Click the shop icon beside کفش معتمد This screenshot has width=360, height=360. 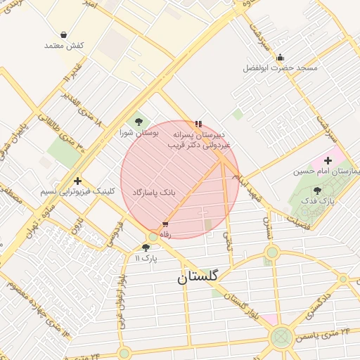point(64,34)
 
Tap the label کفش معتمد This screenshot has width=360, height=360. point(64,46)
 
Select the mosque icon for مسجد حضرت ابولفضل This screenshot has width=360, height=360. point(281,58)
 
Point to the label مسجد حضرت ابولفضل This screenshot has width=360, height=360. point(281,68)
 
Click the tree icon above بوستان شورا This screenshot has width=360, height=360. point(138,121)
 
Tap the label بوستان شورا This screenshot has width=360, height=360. point(139,132)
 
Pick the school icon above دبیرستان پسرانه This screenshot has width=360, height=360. point(198,124)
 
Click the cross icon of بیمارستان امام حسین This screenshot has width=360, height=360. point(328,161)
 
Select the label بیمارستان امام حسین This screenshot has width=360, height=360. point(328,172)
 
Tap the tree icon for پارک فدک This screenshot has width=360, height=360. point(317,191)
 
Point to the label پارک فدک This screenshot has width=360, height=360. point(318,201)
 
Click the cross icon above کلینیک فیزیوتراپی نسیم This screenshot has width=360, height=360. point(77,181)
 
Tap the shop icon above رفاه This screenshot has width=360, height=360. point(165,224)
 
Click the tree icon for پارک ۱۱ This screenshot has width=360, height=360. point(146,247)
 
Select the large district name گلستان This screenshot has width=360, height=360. point(198,277)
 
